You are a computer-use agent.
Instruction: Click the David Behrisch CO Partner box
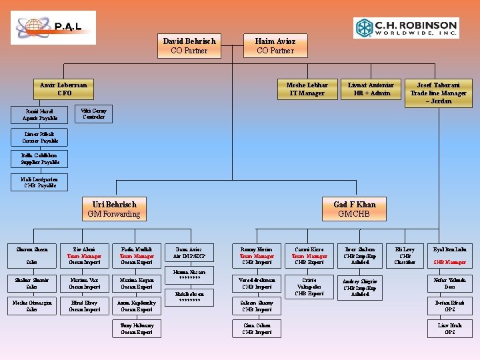[189, 45]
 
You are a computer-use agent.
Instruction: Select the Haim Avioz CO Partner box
[275, 45]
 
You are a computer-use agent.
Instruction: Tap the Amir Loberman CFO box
[64, 89]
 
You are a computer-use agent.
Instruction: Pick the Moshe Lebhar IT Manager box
[307, 89]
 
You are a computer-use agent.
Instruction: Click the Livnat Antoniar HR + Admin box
[371, 89]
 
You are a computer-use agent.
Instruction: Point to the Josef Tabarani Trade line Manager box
[434, 93]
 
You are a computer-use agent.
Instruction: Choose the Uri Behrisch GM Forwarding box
[114, 209]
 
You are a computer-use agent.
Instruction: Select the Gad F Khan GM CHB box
[354, 209]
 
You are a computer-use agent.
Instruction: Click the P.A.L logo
[53, 27]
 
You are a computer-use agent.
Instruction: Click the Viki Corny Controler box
[93, 113]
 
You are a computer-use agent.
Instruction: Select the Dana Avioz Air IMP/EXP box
[189, 253]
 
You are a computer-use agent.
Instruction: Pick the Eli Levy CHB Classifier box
[405, 256]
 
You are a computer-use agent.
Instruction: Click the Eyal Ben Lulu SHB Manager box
[450, 256]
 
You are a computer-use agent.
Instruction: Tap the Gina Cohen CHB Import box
[257, 328]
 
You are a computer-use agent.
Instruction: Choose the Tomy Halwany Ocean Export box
[137, 328]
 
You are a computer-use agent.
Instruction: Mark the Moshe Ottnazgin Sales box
[31, 305]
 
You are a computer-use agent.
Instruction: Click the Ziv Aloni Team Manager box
[84, 256]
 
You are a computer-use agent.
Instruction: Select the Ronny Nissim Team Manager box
[257, 256]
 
